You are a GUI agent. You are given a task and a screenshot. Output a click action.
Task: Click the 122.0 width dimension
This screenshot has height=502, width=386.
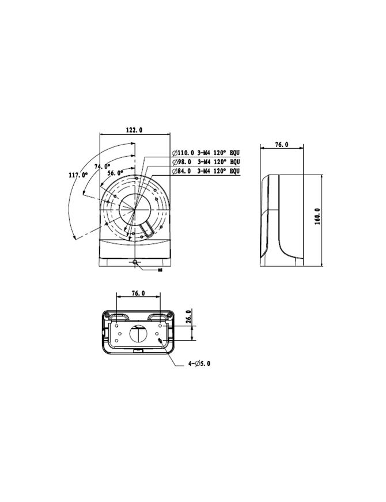pyautogui.click(x=134, y=131)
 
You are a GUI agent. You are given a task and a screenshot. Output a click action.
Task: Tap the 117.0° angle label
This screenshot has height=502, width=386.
pyautogui.click(x=78, y=174)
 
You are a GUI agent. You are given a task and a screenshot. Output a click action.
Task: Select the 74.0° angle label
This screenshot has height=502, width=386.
pyautogui.click(x=102, y=166)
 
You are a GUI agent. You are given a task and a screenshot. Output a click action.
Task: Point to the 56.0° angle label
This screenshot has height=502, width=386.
pyautogui.click(x=115, y=172)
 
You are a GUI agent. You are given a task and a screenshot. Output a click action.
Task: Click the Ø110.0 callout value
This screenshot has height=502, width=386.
pyautogui.click(x=184, y=153)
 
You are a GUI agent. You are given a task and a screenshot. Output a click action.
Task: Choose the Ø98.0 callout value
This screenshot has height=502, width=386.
pyautogui.click(x=183, y=162)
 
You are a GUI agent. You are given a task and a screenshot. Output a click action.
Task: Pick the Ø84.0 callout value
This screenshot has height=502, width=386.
pyautogui.click(x=183, y=171)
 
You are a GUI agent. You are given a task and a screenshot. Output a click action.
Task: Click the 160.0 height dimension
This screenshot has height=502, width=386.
pyautogui.click(x=317, y=217)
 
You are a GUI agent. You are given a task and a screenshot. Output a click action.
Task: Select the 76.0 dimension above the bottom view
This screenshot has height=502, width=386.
pyautogui.click(x=138, y=293)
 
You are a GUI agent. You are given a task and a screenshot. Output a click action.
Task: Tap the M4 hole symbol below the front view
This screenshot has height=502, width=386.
pyautogui.click(x=135, y=263)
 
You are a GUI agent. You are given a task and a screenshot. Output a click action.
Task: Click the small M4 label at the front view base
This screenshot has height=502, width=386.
pyautogui.click(x=160, y=269)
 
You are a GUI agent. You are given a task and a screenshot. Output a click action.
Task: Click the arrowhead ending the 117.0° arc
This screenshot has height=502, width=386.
pyautogui.click(x=75, y=237)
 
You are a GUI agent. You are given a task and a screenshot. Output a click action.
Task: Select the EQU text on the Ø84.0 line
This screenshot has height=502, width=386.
pyautogui.click(x=234, y=171)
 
